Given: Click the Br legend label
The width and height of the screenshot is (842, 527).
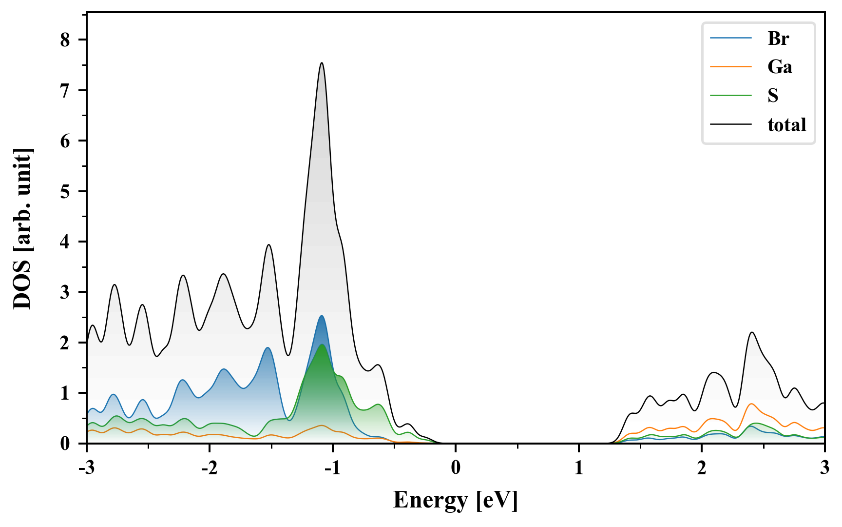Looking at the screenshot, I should (778, 39).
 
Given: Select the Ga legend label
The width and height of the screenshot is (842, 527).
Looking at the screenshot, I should (780, 67).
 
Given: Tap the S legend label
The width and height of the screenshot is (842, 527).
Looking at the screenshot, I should (773, 96).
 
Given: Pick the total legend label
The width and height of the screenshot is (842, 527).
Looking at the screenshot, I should (786, 125).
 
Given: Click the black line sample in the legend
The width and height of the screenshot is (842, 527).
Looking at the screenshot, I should (730, 125).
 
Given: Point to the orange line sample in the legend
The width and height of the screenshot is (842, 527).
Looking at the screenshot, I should (730, 67).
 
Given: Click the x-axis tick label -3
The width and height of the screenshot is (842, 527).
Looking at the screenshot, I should (86, 468).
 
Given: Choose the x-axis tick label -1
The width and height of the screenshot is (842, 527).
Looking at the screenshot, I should (332, 468).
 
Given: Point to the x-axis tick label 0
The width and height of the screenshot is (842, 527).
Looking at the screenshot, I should (456, 468).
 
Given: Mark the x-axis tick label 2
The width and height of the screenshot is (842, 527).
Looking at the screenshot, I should (702, 468).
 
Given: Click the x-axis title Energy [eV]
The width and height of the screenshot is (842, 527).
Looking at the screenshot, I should (456, 500).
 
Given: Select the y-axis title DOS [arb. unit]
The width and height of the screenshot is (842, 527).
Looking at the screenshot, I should (23, 229).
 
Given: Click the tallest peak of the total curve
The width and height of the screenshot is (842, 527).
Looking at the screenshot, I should (322, 63).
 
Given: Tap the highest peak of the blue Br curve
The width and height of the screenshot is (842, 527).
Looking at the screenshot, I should (322, 316).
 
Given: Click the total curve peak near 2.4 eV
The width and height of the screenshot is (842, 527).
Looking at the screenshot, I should (752, 333).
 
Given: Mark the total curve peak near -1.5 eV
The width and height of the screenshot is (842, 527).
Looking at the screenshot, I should (268, 245).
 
